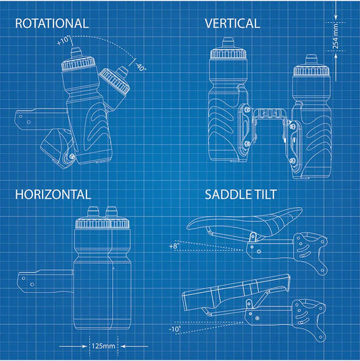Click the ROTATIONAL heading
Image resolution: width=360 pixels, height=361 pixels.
click(x=52, y=24)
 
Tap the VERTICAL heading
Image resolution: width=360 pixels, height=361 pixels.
click(x=232, y=24)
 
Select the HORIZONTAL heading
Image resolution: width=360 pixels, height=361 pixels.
click(x=53, y=194)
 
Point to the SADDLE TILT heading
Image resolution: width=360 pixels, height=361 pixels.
click(x=240, y=194)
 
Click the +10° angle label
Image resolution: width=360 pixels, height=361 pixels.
click(x=63, y=40)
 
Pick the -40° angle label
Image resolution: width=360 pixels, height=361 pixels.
click(x=140, y=67)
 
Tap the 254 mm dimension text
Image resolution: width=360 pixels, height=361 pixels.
click(x=336, y=36)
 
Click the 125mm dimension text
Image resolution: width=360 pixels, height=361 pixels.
click(x=103, y=345)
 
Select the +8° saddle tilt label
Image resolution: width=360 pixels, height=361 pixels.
click(x=174, y=246)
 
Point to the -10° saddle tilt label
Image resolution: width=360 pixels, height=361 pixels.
click(x=175, y=329)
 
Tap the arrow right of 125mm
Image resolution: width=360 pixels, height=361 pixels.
click(x=134, y=346)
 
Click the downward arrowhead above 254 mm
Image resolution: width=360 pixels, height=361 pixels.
click(x=336, y=17)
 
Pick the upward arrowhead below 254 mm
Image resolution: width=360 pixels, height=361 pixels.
click(x=336, y=57)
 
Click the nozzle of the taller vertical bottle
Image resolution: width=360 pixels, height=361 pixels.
click(x=228, y=43)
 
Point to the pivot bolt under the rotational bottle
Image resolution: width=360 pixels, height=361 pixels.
click(x=72, y=157)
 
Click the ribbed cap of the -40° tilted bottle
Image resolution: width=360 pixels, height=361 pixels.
click(x=113, y=81)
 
